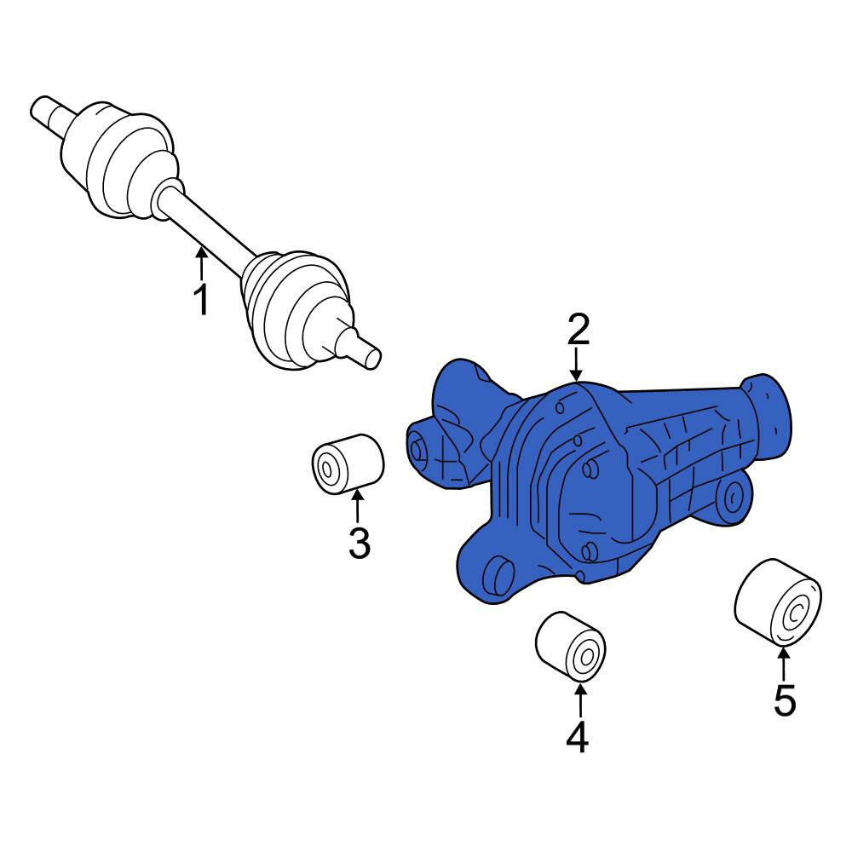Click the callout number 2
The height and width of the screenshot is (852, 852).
pos(579,329)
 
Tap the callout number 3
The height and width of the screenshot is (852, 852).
pos(360,542)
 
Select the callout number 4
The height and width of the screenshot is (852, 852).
pos(578,737)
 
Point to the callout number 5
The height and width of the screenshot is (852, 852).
pos(785,700)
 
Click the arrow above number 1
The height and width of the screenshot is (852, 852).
pos(202,263)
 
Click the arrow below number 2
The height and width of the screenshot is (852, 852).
pos(576,364)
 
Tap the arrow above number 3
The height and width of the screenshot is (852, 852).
pos(358,505)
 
